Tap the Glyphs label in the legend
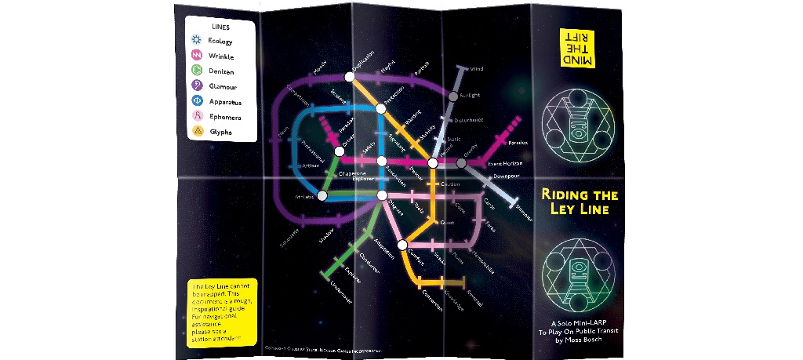(220, 133)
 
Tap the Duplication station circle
(349, 77)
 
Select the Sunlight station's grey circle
(452, 96)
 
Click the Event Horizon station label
(505, 163)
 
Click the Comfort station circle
(402, 245)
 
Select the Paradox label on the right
(518, 143)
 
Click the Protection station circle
(380, 108)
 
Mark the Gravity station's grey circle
(462, 162)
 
